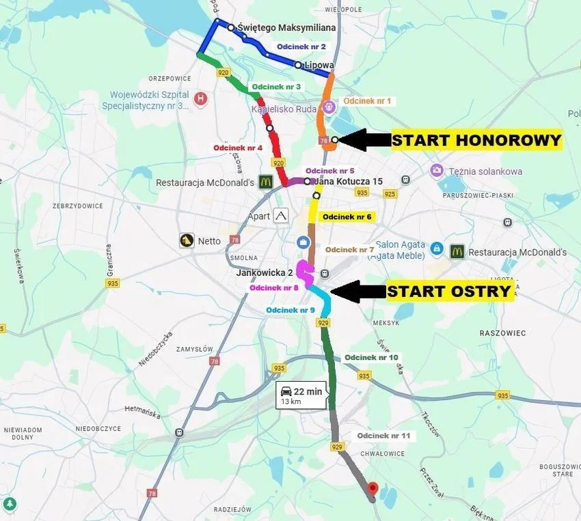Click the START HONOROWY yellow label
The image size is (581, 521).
[x=476, y=141]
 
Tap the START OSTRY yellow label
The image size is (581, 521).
[x=450, y=292]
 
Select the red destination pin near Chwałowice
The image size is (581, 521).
[x=373, y=489]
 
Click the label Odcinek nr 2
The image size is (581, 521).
[x=302, y=46]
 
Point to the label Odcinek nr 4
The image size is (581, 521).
[x=238, y=147]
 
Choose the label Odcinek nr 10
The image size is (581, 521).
[x=371, y=357]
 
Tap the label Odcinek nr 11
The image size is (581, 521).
[x=383, y=436]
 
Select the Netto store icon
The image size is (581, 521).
[x=187, y=240]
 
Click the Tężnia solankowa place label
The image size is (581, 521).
[x=486, y=171]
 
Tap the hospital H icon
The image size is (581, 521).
[x=200, y=98]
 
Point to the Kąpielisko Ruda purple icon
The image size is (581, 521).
[x=328, y=107]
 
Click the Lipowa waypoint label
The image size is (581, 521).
[x=319, y=66]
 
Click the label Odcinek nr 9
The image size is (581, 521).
[x=290, y=310]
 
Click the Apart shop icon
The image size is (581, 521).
[x=281, y=216]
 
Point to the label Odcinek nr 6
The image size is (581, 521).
[x=347, y=216]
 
